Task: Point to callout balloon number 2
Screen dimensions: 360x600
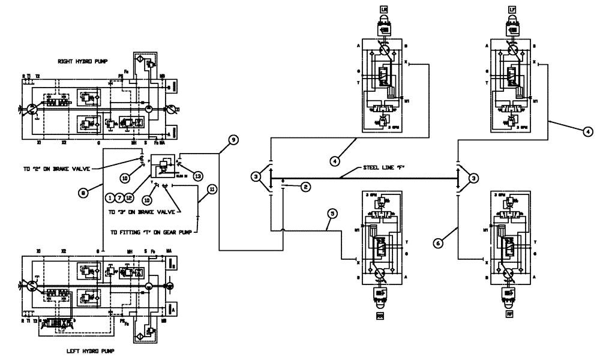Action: (305, 187)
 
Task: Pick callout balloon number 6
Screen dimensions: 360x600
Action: (440, 242)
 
